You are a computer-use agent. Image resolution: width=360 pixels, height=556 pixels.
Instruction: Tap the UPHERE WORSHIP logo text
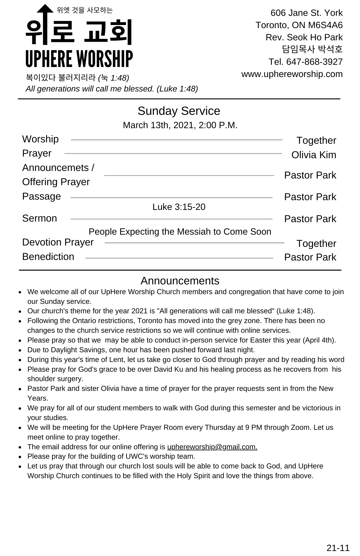79,59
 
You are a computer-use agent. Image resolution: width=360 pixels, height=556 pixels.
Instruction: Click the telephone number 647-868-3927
314,62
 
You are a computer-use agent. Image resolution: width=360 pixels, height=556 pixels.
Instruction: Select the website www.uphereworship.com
292,74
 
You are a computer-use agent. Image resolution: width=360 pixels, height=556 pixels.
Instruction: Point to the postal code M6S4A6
325,25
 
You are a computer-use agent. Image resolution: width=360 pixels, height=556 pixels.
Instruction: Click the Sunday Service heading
179,111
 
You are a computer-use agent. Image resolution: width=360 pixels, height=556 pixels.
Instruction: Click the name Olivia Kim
314,155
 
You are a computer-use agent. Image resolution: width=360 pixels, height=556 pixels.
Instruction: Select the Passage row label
41,196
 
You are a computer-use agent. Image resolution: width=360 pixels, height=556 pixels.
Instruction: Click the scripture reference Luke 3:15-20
179,207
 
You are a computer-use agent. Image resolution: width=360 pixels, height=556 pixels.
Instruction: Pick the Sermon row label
40,218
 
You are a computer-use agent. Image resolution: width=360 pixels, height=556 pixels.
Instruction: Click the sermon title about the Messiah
180,232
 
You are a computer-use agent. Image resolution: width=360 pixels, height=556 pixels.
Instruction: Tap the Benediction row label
48,257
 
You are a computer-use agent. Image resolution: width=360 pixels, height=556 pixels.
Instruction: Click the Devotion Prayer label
58,242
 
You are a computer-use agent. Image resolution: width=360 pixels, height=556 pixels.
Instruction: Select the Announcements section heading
180,281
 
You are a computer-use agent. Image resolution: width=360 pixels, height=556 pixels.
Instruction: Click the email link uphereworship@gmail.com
212,447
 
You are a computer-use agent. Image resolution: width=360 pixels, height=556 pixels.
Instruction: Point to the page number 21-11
338,548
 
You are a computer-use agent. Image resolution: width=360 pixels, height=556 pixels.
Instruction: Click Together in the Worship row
316,140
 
